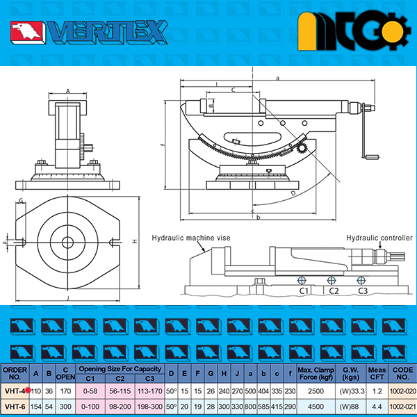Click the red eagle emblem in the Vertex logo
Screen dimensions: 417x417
pos(26,31)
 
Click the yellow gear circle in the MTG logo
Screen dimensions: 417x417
pos(393,30)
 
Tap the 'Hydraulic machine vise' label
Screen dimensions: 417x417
pos(191,238)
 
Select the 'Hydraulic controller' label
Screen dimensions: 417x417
pos(379,238)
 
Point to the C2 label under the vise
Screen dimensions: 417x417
pos(334,291)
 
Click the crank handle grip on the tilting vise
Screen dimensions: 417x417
pos(373,157)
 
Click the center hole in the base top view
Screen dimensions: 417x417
pos(67,243)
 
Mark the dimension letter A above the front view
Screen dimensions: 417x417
pos(68,92)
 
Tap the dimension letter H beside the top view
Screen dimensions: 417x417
pos(135,241)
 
